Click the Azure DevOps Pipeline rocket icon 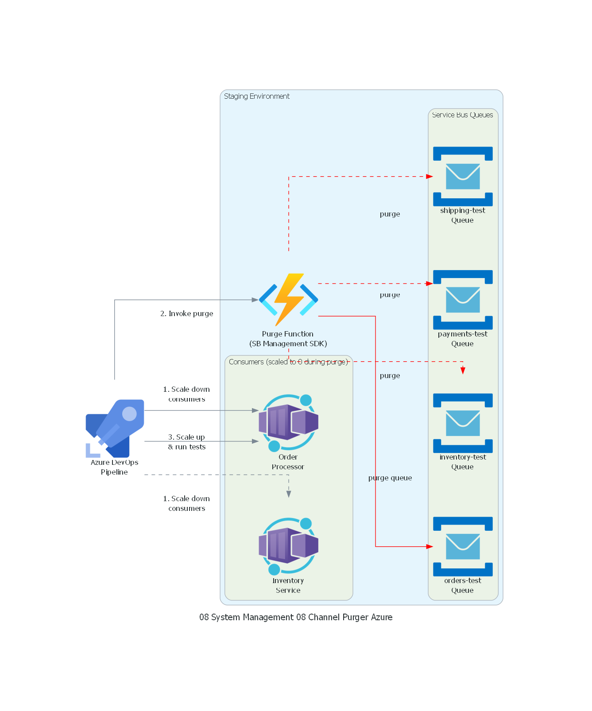[115, 428]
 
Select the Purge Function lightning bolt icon [288, 300]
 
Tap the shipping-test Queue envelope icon [463, 176]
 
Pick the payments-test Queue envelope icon [463, 300]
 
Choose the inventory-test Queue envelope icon [463, 423]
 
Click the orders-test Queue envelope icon [463, 546]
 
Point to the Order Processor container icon [288, 423]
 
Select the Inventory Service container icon [288, 546]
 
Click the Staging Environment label [257, 97]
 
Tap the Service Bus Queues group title [462, 115]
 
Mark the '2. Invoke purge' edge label [186, 314]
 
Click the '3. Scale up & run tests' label [186, 442]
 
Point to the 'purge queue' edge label [390, 478]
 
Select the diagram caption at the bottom [296, 617]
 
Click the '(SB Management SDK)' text [288, 344]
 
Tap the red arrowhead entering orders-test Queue [429, 547]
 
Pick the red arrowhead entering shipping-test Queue [429, 177]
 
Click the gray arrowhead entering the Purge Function [255, 300]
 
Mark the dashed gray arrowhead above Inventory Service [289, 494]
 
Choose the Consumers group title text [288, 362]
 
